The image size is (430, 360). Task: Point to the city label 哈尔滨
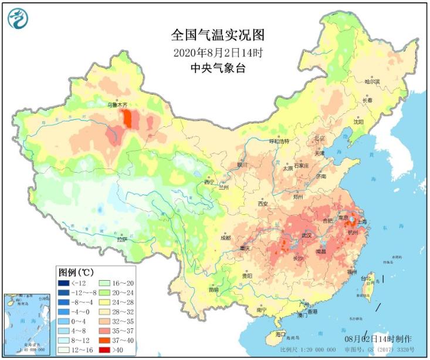pyautogui.click(x=372, y=81)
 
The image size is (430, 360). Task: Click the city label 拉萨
pyautogui.click(x=121, y=239)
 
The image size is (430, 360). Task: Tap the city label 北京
pyautogui.click(x=320, y=139)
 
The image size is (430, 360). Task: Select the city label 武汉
pyautogui.click(x=306, y=235)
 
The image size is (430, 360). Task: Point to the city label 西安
pyautogui.click(x=262, y=204)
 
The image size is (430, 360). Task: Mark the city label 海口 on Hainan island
pyautogui.click(x=281, y=334)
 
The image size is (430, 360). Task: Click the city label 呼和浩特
pyautogui.click(x=279, y=142)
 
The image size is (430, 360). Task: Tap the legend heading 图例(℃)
pyautogui.click(x=75, y=272)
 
